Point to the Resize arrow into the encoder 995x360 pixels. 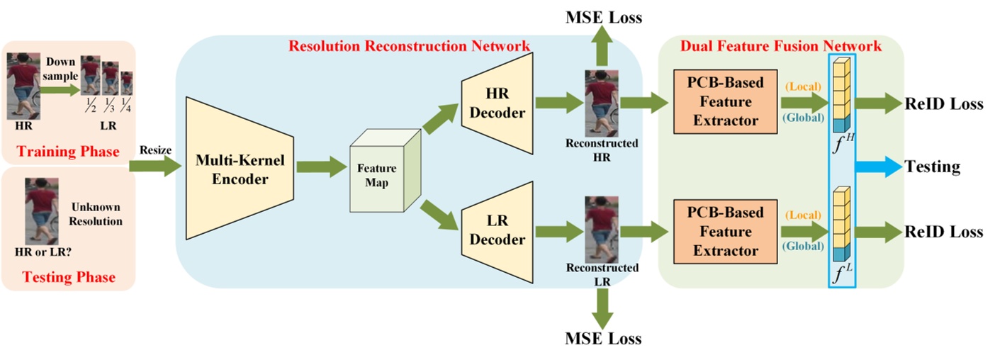(x=152, y=167)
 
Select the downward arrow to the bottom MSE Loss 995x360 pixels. (x=603, y=305)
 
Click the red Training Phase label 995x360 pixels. (x=67, y=152)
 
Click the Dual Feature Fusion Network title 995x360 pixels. (x=780, y=46)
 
